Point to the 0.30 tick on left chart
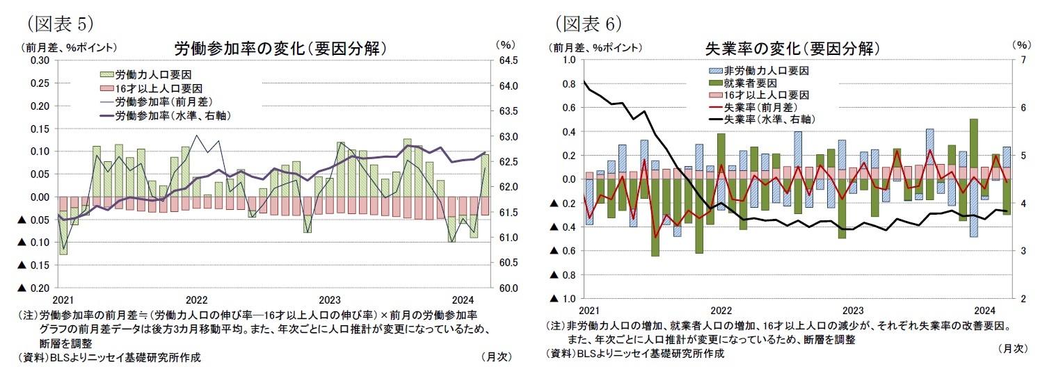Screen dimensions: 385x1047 [40, 60]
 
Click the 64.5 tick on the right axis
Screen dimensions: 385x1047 [509, 60]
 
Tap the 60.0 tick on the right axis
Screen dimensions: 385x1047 [509, 288]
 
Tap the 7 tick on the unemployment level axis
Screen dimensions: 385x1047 [1021, 60]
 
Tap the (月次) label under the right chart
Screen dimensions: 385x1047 [1012, 347]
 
